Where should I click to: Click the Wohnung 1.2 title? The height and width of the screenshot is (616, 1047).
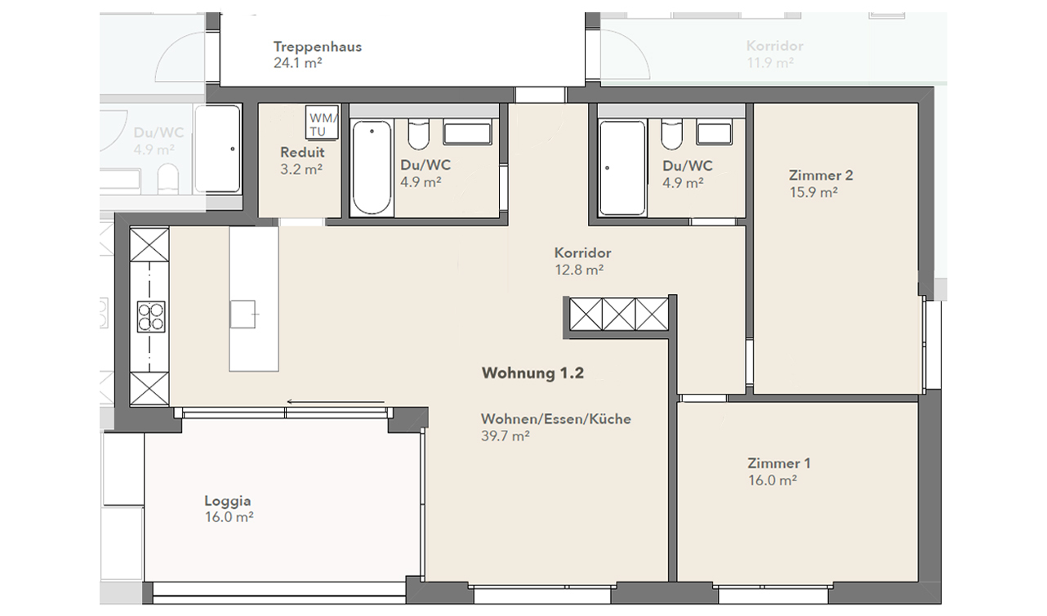pyautogui.click(x=532, y=373)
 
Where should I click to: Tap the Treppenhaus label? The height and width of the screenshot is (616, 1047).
pyautogui.click(x=318, y=47)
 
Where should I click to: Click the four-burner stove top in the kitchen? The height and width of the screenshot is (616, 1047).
pyautogui.click(x=150, y=316)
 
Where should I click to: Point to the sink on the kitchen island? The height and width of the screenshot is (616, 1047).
pyautogui.click(x=243, y=313)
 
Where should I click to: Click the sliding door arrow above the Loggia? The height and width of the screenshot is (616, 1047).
pyautogui.click(x=335, y=402)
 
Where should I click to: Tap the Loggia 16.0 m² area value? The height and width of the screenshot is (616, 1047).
pyautogui.click(x=226, y=517)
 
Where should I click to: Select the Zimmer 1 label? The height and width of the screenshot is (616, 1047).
pyautogui.click(x=779, y=463)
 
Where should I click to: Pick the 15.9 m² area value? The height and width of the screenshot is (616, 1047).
pyautogui.click(x=813, y=193)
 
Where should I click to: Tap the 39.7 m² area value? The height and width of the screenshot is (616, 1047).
pyautogui.click(x=506, y=436)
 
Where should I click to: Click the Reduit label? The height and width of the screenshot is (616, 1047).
pyautogui.click(x=302, y=153)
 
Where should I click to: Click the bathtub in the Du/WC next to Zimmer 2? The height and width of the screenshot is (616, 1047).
pyautogui.click(x=622, y=168)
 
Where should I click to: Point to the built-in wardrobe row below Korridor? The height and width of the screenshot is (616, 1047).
pyautogui.click(x=619, y=314)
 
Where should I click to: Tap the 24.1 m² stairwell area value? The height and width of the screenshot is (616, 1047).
pyautogui.click(x=297, y=63)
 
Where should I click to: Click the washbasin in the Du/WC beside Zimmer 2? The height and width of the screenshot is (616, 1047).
pyautogui.click(x=720, y=133)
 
